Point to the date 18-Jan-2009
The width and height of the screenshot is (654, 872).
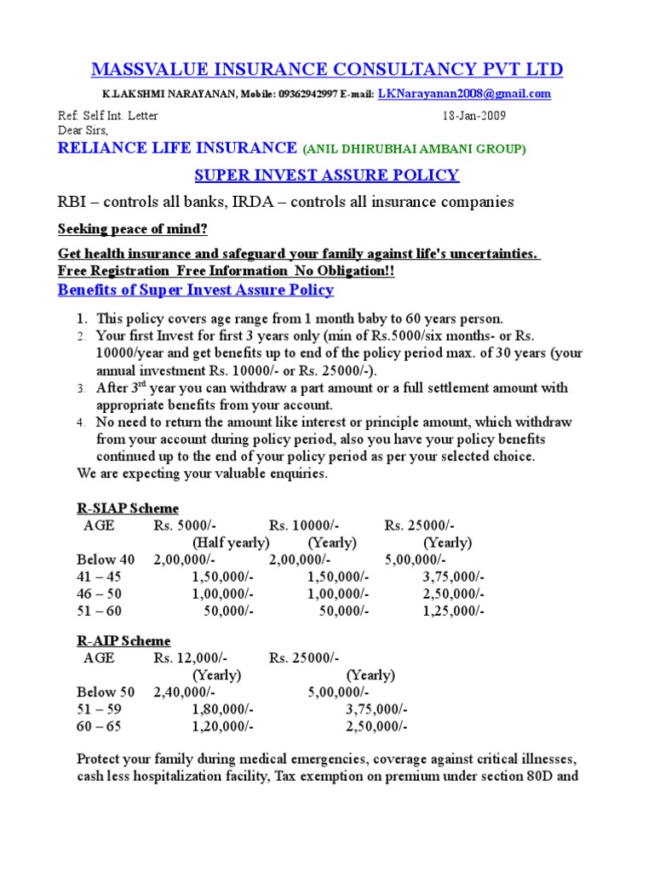(474, 116)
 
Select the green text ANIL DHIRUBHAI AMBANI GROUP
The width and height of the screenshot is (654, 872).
(415, 149)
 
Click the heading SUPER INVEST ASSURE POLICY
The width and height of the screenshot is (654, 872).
(326, 175)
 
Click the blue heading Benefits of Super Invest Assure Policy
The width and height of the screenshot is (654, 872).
(195, 290)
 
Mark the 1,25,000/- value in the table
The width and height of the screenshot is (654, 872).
(453, 611)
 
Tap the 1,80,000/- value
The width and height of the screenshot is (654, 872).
(222, 708)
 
